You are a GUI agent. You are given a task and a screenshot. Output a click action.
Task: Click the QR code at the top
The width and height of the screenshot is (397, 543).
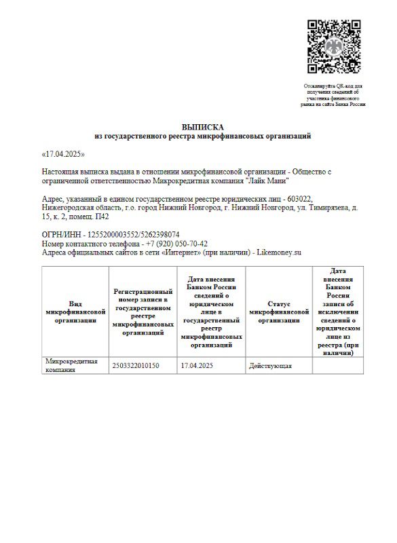pos(333,46)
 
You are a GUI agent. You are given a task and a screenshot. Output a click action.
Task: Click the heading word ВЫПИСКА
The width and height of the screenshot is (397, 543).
pos(202,127)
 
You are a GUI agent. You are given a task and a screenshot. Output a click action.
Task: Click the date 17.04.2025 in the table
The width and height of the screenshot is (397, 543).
pos(197,366)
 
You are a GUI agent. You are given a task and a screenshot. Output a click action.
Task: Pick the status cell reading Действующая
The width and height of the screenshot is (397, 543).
pos(271,366)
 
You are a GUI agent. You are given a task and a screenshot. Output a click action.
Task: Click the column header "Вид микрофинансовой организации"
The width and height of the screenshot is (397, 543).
pos(75,312)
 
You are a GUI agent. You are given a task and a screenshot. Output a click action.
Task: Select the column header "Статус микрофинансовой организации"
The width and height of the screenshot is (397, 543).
pos(279,312)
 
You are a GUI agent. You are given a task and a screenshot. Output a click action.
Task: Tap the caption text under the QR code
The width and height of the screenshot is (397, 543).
pos(333,96)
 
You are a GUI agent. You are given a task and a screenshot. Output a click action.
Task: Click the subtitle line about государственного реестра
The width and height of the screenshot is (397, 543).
pos(202,136)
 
